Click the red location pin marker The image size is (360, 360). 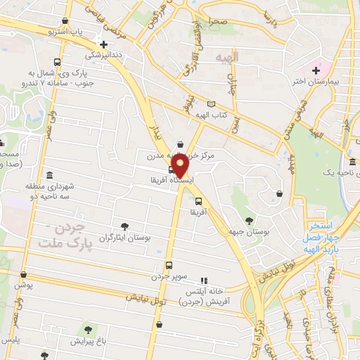click(180, 166)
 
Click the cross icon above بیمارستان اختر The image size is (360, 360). click(316, 70)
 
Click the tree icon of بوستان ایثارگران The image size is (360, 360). click(124, 226)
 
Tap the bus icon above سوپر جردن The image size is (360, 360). click(169, 265)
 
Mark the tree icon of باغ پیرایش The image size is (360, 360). click(88, 329)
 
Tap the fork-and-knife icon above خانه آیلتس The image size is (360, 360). click(205, 280)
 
